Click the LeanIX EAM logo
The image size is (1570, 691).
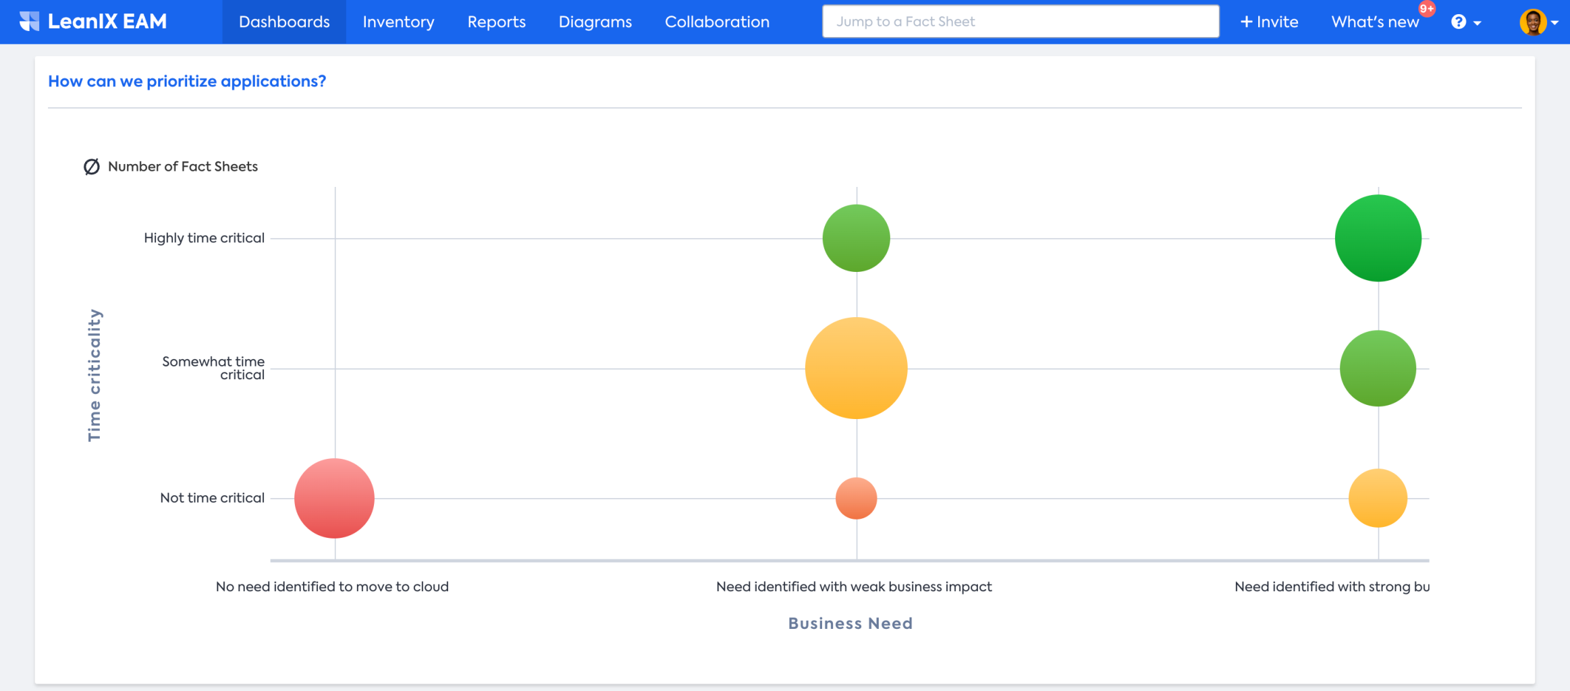(x=93, y=22)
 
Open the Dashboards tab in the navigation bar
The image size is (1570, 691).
(x=284, y=22)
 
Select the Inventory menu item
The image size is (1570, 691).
(x=398, y=22)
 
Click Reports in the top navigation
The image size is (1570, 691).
(x=496, y=22)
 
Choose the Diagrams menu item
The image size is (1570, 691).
(x=595, y=22)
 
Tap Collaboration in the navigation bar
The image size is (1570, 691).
(x=717, y=22)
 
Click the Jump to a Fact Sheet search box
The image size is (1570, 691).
(x=1020, y=22)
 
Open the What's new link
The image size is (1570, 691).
(x=1375, y=22)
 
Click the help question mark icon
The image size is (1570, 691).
(x=1459, y=22)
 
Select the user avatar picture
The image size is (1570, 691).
(x=1533, y=22)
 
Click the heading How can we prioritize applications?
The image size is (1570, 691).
(x=187, y=81)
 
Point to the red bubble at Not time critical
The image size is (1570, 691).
(x=334, y=498)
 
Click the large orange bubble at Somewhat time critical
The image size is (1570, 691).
(x=856, y=368)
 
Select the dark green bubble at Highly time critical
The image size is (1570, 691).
(x=1378, y=238)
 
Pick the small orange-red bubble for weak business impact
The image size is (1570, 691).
(x=856, y=498)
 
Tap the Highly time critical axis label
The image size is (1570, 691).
(x=204, y=238)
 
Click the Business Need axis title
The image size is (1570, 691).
(x=850, y=623)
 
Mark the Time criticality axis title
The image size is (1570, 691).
(x=94, y=375)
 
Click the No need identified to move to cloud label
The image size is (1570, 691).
(x=332, y=586)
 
